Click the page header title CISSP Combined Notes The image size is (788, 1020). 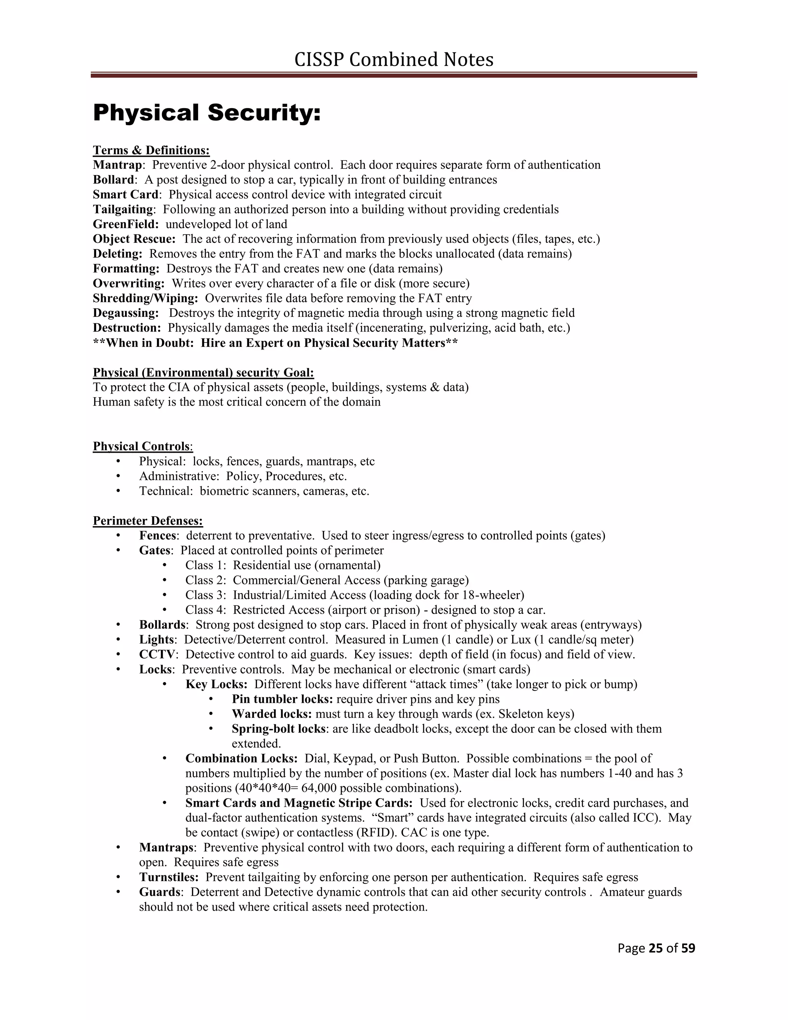pos(394,60)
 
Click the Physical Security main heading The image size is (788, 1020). pos(207,113)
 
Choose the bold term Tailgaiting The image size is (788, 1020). pos(123,209)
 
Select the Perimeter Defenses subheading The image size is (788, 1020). pos(147,520)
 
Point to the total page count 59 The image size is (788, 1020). pos(688,948)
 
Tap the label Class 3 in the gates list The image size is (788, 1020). pos(205,595)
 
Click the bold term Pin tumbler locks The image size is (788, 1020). pos(282,699)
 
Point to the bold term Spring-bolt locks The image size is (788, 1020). pos(278,729)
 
